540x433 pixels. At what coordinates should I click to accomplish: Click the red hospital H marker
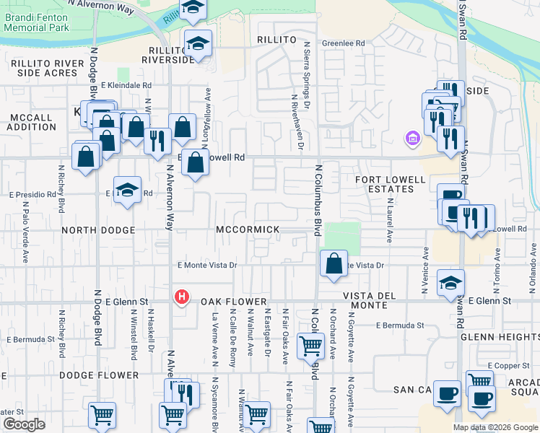coord(183,297)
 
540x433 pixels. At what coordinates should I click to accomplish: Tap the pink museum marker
coord(413,137)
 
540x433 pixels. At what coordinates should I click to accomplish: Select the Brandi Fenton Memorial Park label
coord(36,22)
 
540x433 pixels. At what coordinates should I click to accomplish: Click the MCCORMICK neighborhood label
coord(248,229)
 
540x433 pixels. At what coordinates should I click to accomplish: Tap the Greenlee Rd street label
coord(344,43)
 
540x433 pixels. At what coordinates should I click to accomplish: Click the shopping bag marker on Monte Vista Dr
coord(334,264)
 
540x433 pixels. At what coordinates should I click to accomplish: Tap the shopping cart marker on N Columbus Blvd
coord(310,346)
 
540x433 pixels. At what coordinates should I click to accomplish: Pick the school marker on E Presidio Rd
coord(127,191)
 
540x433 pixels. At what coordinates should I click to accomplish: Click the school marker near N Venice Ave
coord(450,283)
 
